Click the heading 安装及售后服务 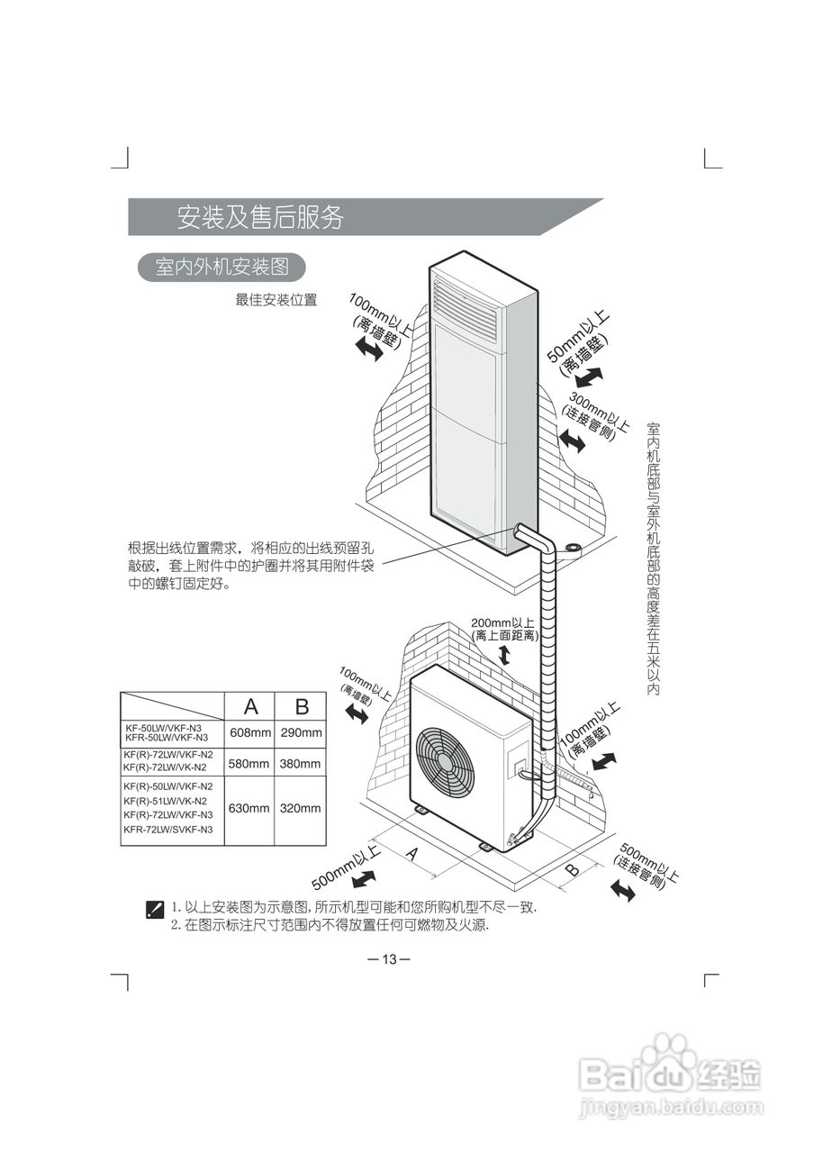click(259, 217)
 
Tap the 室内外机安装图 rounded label click(221, 268)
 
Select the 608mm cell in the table click(249, 732)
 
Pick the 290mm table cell click(301, 732)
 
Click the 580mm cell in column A click(249, 764)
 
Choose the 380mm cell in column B click(301, 764)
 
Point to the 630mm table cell click(249, 808)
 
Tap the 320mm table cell click(301, 808)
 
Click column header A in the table click(250, 704)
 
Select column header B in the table click(302, 704)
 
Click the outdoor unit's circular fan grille click(446, 758)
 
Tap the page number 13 click(389, 958)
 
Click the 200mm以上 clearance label click(502, 622)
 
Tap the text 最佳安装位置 click(276, 300)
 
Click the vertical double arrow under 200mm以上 click(504, 656)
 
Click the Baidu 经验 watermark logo click(671, 1076)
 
